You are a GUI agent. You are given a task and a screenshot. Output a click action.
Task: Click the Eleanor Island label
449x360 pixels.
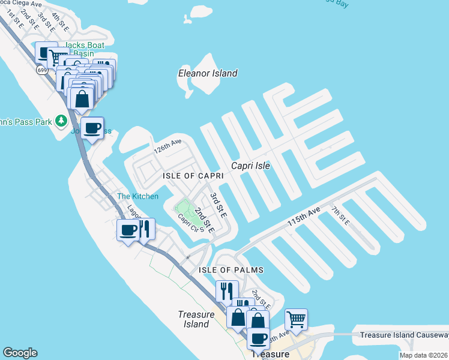pyautogui.click(x=208, y=73)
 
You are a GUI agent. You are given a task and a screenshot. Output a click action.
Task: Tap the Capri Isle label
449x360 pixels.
pyautogui.click(x=251, y=166)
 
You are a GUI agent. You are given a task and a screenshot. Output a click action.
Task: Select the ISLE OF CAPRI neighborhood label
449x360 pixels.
pyautogui.click(x=193, y=175)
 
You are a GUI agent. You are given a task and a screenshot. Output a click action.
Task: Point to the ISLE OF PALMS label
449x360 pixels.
pyautogui.click(x=228, y=270)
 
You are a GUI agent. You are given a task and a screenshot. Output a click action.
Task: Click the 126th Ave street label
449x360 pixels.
pyautogui.click(x=167, y=146)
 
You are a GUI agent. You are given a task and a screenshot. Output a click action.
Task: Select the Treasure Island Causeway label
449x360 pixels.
pyautogui.click(x=400, y=335)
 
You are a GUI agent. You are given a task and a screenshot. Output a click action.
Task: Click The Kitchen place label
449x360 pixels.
pyautogui.click(x=137, y=196)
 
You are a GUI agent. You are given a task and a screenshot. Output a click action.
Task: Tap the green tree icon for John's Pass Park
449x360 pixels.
pyautogui.click(x=61, y=121)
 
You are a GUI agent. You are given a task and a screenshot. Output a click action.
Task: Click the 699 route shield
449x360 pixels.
pyautogui.click(x=42, y=70)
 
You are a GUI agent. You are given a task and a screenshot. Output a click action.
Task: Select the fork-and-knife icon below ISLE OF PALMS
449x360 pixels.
pyautogui.click(x=227, y=291)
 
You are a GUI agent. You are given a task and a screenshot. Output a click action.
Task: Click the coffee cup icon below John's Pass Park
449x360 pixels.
pyautogui.click(x=92, y=127)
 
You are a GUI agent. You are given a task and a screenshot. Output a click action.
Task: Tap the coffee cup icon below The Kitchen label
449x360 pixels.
pyautogui.click(x=128, y=229)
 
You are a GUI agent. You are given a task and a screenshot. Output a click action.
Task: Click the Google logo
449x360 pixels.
pyautogui.click(x=20, y=353)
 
